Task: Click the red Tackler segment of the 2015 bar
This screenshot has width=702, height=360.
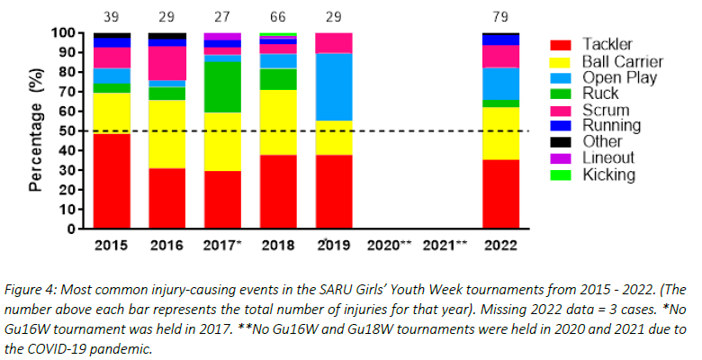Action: (x=112, y=180)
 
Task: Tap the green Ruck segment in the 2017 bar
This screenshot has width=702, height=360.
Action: (x=222, y=86)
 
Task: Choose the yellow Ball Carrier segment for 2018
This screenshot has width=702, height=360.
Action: (x=278, y=121)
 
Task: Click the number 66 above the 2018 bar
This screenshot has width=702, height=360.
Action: (x=278, y=16)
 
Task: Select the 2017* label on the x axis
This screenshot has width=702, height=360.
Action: (x=225, y=245)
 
